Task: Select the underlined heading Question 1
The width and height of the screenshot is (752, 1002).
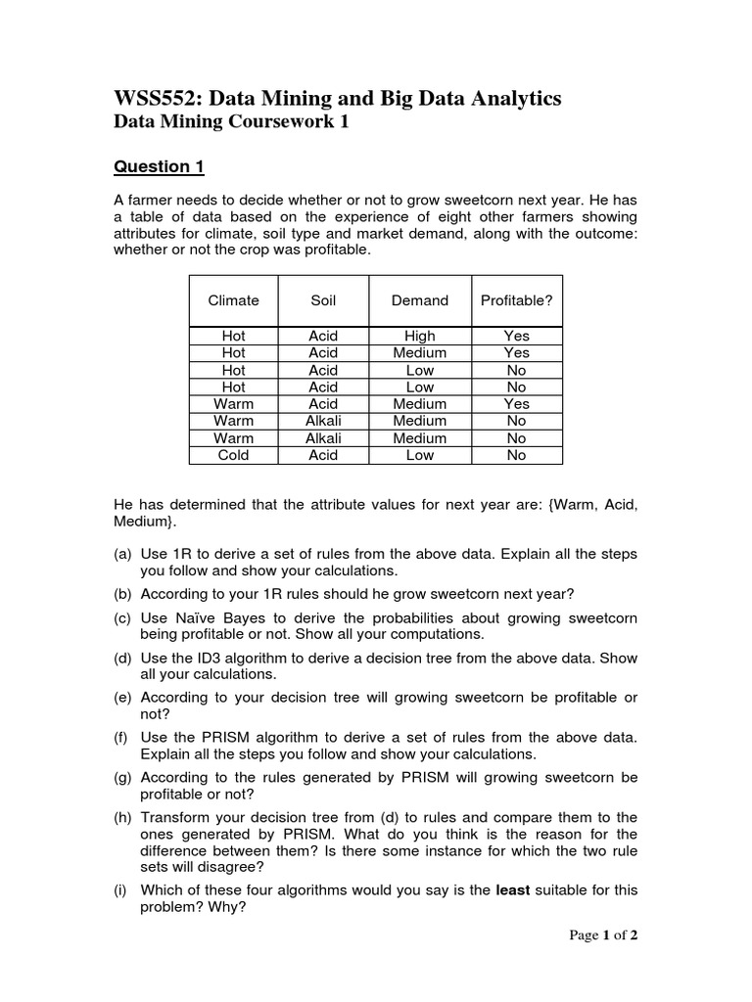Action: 159,166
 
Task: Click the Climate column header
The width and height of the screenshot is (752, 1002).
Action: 233,300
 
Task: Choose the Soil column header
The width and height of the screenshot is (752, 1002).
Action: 323,300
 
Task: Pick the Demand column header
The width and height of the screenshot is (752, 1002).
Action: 419,300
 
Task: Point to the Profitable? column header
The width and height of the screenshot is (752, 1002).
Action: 516,300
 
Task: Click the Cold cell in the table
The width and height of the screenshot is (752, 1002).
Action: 233,455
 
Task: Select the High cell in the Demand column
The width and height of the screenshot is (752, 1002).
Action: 419,336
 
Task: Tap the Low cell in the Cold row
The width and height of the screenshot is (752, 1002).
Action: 419,455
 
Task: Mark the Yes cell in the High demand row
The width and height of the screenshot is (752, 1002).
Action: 516,336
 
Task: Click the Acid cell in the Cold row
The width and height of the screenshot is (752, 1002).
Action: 323,455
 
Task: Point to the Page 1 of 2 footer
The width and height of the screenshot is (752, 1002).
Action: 603,935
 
